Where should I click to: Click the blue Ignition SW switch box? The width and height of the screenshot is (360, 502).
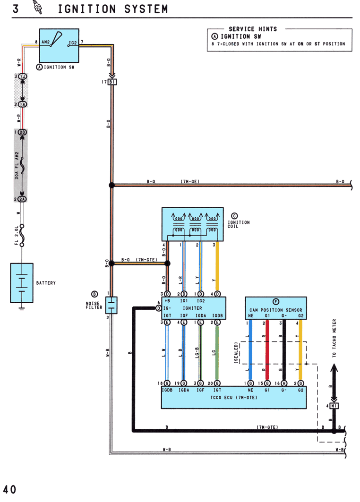click(x=59, y=45)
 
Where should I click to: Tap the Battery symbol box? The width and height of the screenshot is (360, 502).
click(x=22, y=283)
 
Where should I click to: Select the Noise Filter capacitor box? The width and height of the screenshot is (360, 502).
click(x=111, y=305)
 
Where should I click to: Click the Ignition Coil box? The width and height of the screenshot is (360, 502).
click(x=192, y=224)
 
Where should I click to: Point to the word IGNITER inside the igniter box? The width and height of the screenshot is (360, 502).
click(x=192, y=308)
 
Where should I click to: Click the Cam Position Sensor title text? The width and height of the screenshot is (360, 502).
click(x=276, y=310)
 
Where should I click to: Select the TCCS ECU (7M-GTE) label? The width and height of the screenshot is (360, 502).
click(x=234, y=397)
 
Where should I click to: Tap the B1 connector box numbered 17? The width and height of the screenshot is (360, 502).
click(x=112, y=82)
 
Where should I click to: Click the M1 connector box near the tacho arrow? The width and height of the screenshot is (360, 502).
click(x=334, y=406)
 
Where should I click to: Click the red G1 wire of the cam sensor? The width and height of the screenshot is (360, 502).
click(x=267, y=350)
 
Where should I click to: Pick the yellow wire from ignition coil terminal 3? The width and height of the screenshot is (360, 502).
click(x=217, y=266)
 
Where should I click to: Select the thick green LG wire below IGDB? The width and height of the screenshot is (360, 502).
click(x=217, y=353)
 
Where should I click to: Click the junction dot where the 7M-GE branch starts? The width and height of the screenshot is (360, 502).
click(x=112, y=185)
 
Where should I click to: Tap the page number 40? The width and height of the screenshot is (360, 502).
click(x=9, y=490)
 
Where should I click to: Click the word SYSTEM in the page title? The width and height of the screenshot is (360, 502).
click(x=146, y=9)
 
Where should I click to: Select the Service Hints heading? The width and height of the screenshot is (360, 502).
click(x=253, y=29)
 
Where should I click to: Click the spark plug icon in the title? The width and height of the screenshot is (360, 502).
click(x=38, y=7)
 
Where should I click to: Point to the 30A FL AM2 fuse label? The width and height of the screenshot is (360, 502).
click(x=17, y=165)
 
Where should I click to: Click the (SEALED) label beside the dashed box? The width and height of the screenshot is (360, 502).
click(x=236, y=353)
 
